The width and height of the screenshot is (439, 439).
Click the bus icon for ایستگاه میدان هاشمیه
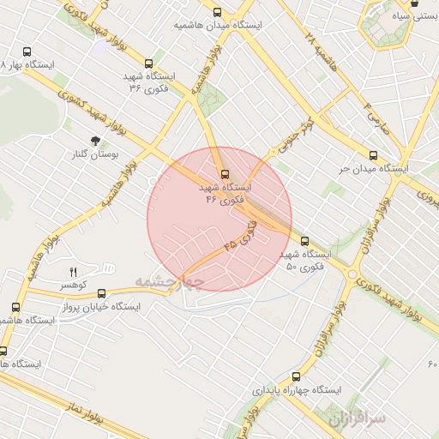(x=218, y=12)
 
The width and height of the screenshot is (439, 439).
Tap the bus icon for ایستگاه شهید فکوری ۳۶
(x=149, y=63)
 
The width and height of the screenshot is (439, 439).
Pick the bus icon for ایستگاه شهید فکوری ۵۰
(x=304, y=241)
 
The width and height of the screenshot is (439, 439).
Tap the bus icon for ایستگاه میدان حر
(x=372, y=155)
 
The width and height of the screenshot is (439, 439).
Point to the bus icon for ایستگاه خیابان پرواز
(x=102, y=293)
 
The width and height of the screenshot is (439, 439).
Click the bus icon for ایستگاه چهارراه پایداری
(x=297, y=376)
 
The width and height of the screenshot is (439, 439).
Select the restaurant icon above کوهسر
(x=73, y=272)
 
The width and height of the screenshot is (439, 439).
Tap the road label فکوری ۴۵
(x=241, y=234)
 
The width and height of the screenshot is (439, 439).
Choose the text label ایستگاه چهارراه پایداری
(x=297, y=389)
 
